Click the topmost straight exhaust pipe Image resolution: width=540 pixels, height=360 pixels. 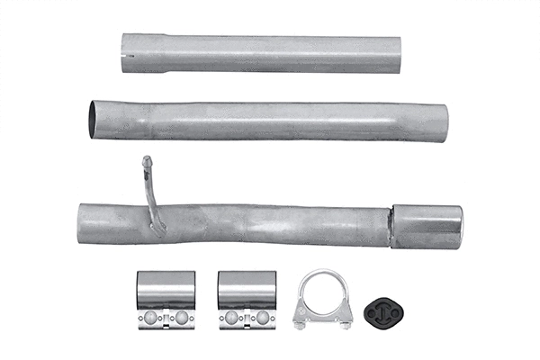(x=261, y=53)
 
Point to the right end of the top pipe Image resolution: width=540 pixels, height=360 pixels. (x=398, y=53)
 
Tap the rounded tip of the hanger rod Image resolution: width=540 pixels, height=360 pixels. (x=145, y=160)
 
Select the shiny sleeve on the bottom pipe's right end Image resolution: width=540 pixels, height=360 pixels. (x=427, y=226)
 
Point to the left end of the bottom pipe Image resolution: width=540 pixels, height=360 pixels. (x=81, y=222)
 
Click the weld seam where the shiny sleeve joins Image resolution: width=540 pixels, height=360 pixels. (x=391, y=226)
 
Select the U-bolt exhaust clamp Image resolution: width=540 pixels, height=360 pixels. (x=322, y=299)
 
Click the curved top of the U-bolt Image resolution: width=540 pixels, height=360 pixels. (x=322, y=273)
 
